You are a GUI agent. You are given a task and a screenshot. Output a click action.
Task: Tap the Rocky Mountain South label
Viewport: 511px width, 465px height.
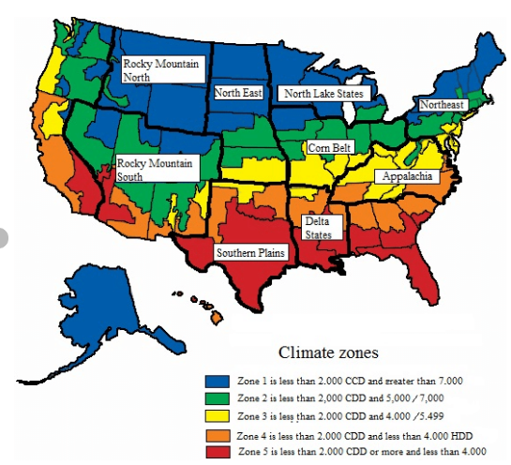(156, 169)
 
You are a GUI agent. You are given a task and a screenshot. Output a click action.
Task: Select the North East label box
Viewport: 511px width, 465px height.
(238, 93)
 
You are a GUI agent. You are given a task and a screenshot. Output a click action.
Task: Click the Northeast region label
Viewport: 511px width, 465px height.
(441, 105)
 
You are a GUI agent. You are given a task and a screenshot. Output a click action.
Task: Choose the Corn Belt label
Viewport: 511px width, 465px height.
(330, 147)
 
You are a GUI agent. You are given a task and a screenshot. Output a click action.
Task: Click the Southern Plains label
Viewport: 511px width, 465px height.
(250, 253)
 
